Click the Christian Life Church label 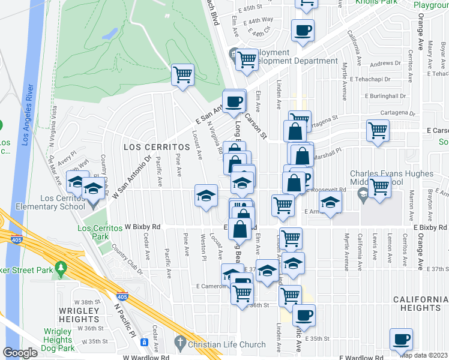(x=228, y=344)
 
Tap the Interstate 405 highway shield (x=122, y=296)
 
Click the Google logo (x=20, y=353)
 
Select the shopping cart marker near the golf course (x=182, y=75)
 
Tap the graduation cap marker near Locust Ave (x=205, y=196)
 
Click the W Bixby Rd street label (x=143, y=227)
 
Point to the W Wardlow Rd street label (x=145, y=358)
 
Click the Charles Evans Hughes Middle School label (x=391, y=178)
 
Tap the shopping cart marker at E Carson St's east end (x=378, y=131)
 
